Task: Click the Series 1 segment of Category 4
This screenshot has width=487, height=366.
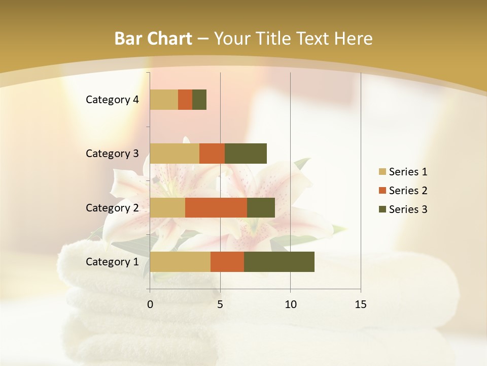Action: pos(164,100)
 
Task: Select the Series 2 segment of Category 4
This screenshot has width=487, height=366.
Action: pos(185,100)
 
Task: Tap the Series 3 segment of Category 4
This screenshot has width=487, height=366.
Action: pos(199,100)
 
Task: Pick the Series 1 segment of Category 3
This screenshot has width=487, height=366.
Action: pos(175,154)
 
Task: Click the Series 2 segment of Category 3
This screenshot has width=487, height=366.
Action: pos(212,154)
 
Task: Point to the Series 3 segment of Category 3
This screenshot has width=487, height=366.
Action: pos(246,154)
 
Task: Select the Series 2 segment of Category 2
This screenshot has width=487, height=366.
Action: pos(216,207)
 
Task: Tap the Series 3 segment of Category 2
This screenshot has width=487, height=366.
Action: pos(261,207)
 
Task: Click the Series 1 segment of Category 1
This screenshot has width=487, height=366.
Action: pos(180,262)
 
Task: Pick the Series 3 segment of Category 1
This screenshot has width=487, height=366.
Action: pos(279,262)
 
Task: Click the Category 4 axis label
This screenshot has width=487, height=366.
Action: pos(112,100)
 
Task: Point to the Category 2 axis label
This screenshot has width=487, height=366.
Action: pos(112,207)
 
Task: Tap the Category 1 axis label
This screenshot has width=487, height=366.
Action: pos(112,262)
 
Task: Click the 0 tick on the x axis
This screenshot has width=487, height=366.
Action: pos(150,304)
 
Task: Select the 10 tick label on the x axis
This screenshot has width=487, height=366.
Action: pos(290,304)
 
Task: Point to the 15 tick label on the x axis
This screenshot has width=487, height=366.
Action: pos(361,304)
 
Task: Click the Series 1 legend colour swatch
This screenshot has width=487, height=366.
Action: pos(382,172)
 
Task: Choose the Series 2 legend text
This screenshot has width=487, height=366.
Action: pos(408,191)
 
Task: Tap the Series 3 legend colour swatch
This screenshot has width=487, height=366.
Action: pos(382,209)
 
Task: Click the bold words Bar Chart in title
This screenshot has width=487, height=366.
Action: pos(153,39)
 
